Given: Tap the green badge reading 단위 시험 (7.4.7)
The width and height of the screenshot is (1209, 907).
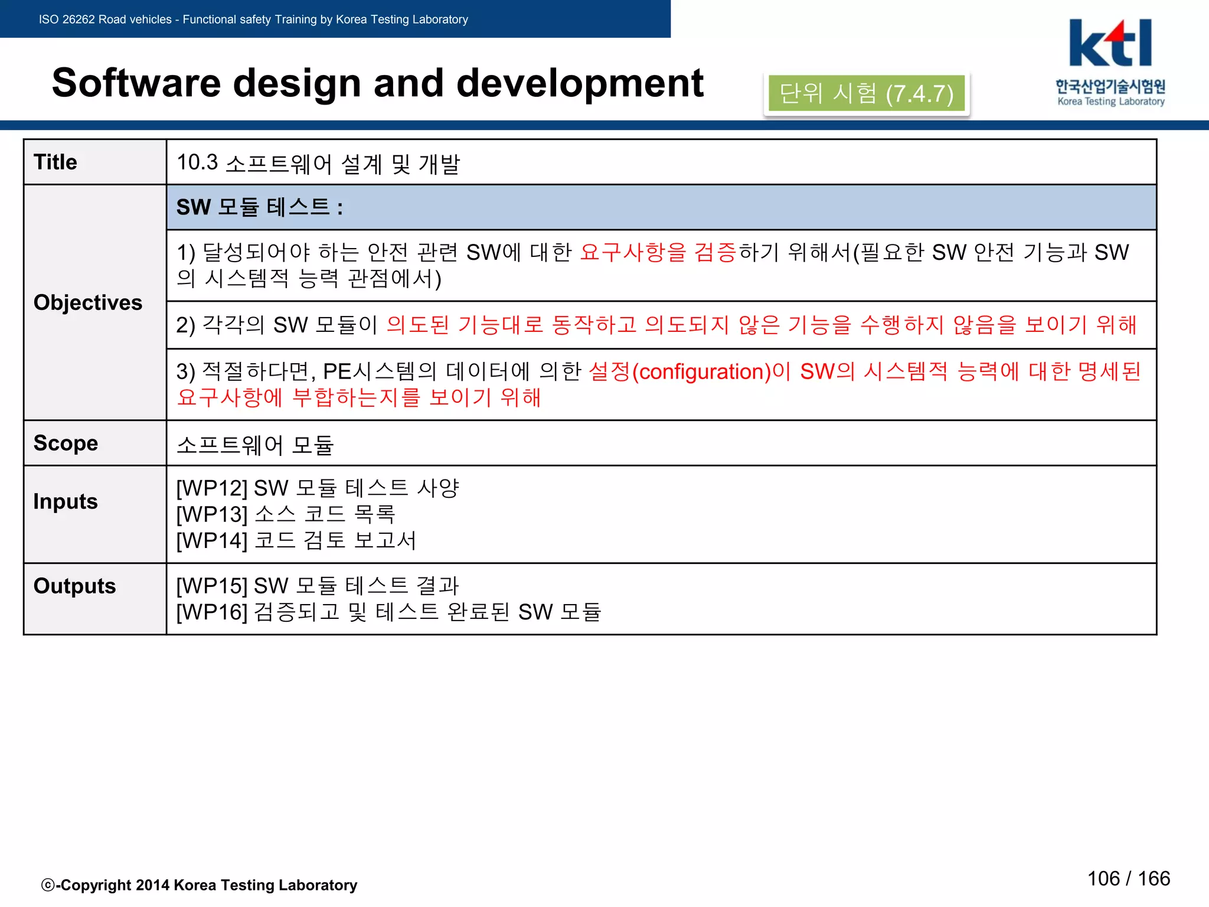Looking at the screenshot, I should tap(866, 93).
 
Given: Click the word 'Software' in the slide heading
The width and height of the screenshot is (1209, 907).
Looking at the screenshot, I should tap(136, 83).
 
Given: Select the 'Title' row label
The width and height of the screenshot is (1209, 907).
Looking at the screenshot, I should tap(55, 162).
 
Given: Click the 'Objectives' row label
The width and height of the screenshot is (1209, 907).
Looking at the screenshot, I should tap(88, 302).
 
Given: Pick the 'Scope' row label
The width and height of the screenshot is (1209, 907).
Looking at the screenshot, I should tap(66, 443).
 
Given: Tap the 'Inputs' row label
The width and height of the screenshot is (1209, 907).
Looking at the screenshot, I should tap(66, 501).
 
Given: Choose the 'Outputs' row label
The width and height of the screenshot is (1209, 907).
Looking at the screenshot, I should tap(74, 586).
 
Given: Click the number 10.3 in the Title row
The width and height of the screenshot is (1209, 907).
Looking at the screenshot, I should tap(197, 162).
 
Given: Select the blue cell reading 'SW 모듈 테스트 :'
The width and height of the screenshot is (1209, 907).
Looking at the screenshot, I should tap(661, 207).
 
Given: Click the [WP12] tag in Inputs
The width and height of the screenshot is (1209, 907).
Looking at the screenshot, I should tap(212, 488).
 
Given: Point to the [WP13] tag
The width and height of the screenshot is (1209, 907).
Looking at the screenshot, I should tap(212, 514).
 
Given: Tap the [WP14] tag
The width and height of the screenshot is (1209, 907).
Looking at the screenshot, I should tap(212, 540).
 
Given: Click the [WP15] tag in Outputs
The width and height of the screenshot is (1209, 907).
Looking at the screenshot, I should tap(212, 586).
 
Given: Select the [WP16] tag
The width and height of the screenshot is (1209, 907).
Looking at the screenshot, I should tap(212, 612).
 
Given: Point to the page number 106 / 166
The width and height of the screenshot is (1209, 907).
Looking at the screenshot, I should tap(1128, 878).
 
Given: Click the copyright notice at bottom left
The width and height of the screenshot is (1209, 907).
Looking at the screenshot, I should tap(200, 885).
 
